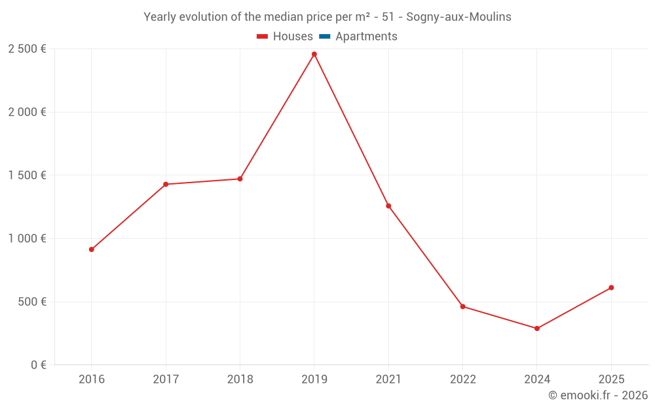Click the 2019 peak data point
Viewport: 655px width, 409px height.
[x=314, y=54]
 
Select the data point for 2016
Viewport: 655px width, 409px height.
[x=92, y=249]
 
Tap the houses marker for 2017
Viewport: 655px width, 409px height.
[x=166, y=185]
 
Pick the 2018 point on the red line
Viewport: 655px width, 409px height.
[x=240, y=179]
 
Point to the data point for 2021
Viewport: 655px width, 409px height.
[x=388, y=206]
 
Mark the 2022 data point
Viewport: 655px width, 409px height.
[x=462, y=306]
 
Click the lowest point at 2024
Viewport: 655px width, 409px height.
[x=537, y=329]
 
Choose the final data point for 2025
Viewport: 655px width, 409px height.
[x=611, y=287]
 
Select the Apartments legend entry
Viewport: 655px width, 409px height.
[x=366, y=37]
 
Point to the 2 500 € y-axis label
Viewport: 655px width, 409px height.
[x=27, y=49]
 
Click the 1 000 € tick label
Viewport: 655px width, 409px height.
[x=27, y=239]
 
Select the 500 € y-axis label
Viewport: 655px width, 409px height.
[x=31, y=302]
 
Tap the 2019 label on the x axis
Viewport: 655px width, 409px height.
[x=314, y=379]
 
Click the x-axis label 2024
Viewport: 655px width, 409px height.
[x=537, y=379]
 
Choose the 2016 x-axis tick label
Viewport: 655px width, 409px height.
[x=92, y=379]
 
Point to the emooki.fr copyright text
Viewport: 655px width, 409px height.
[x=598, y=395]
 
